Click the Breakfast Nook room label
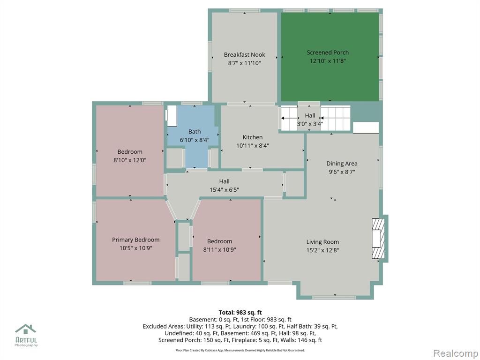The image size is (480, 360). tap(244, 55)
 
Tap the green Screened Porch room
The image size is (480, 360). tap(330, 57)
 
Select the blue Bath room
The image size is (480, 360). tap(193, 136)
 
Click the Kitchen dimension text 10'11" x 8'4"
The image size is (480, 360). tap(253, 146)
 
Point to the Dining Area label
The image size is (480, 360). tap(342, 164)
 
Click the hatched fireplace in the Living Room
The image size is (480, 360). tap(378, 239)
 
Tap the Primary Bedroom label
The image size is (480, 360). tap(135, 240)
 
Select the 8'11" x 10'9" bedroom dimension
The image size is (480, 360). tap(219, 249)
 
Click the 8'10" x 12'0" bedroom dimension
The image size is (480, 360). tap(130, 160)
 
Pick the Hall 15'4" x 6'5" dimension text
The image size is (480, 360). tap(224, 190)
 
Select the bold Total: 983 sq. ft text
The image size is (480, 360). tap(240, 313)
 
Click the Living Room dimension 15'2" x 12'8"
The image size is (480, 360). tap(322, 250)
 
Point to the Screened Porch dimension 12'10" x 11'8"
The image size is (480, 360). tap(328, 60)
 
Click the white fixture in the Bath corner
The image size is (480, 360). tap(172, 116)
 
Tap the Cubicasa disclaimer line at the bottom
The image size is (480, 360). tap(240, 350)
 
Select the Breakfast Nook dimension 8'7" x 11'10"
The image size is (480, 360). tap(244, 63)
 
